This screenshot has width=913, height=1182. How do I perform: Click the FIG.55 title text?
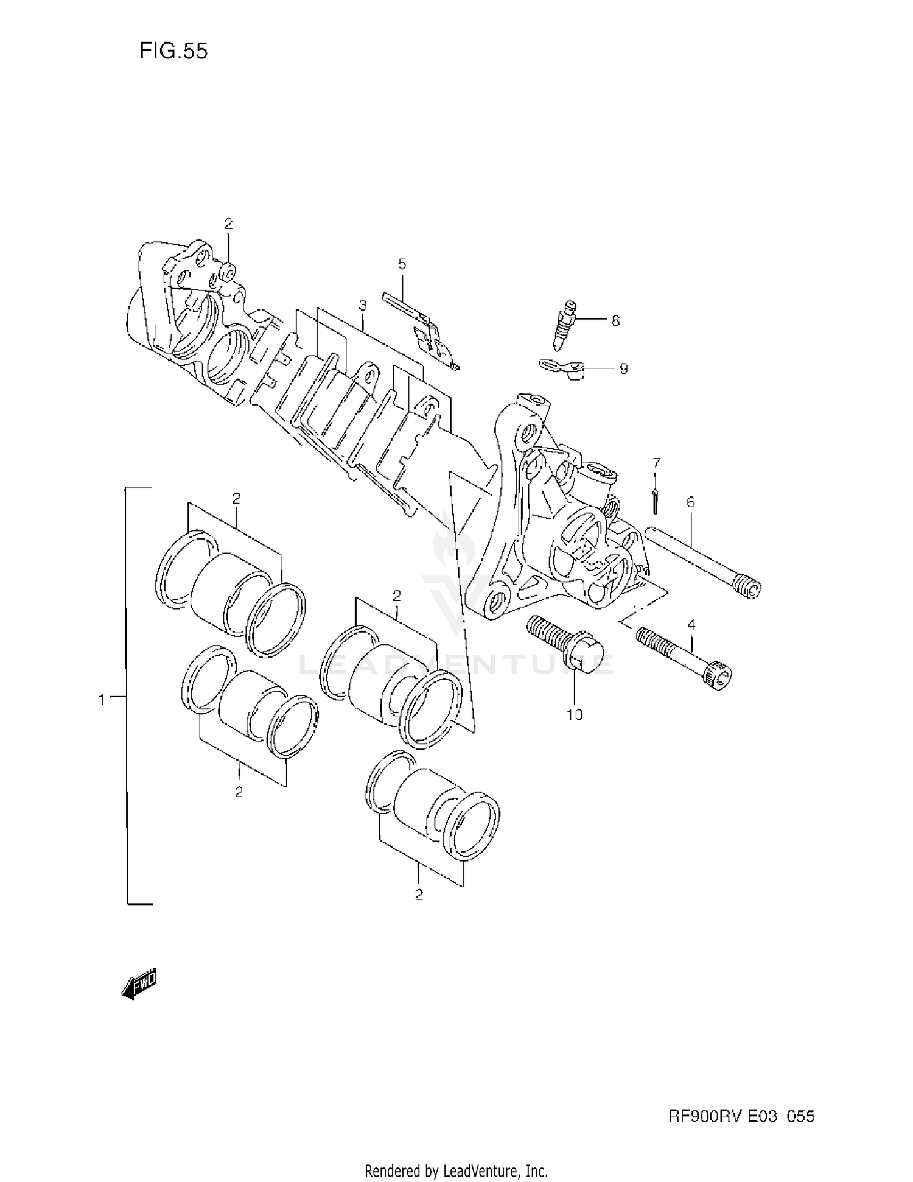[173, 51]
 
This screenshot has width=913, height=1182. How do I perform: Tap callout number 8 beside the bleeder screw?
[615, 320]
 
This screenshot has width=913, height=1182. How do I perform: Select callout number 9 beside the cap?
[623, 369]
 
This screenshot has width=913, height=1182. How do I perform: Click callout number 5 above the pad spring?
[402, 264]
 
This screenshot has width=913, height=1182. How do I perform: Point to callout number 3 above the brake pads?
[363, 305]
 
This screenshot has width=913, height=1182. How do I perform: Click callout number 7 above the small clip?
[656, 463]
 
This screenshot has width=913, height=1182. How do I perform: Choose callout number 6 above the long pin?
[690, 502]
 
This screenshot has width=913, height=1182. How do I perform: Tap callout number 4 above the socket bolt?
[691, 624]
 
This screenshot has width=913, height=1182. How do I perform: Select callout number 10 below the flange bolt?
[575, 714]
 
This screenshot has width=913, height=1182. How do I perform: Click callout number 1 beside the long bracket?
[102, 700]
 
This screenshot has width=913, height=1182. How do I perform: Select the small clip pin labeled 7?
[655, 501]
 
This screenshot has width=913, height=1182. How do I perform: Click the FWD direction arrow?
[140, 982]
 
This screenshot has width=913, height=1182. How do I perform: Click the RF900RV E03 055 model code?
[741, 1116]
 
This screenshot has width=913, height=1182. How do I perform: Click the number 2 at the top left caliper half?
[228, 224]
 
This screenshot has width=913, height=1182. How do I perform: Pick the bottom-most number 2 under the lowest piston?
[419, 895]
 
